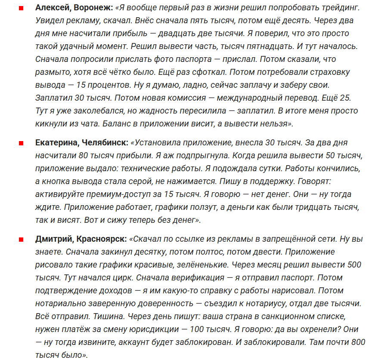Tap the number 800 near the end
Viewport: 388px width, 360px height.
pos(357,342)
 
